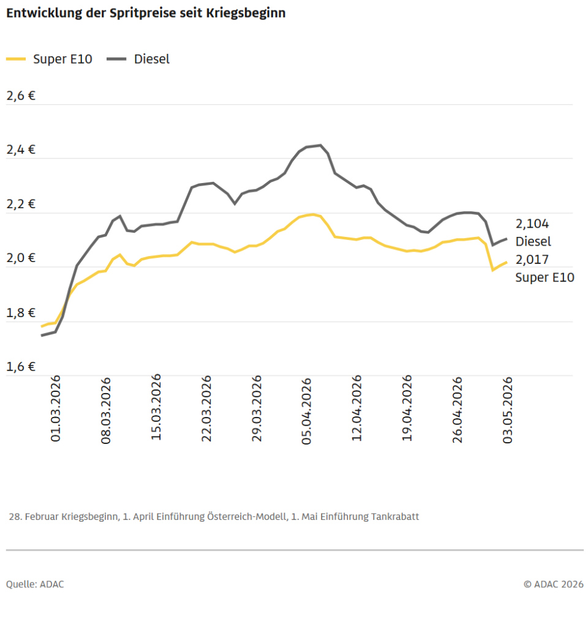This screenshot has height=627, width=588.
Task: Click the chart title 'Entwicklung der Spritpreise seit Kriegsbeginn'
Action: (x=146, y=13)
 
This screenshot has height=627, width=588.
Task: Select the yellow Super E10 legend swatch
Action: (x=16, y=59)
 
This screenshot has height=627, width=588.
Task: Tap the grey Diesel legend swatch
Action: (x=116, y=59)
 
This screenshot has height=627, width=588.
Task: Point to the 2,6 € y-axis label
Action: (x=21, y=96)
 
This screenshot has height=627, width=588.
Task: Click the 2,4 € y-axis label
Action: (x=21, y=150)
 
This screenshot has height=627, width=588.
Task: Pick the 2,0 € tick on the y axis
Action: (x=21, y=258)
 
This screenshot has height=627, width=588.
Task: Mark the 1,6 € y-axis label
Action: (x=21, y=367)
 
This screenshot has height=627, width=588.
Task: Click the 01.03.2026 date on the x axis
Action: (x=56, y=408)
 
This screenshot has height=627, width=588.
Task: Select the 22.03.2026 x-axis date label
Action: (x=206, y=408)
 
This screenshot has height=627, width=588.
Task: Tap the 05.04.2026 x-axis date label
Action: (x=307, y=411)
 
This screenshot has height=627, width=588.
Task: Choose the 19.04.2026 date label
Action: (x=407, y=408)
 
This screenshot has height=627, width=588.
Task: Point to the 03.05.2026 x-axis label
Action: (x=508, y=410)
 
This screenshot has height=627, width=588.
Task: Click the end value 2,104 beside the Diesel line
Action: (x=532, y=224)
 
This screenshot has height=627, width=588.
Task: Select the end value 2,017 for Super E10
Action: (x=532, y=260)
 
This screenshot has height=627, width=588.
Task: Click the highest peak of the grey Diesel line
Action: (x=320, y=145)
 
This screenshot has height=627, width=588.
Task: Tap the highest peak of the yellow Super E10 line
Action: (x=313, y=215)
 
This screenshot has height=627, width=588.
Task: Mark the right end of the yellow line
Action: (x=507, y=262)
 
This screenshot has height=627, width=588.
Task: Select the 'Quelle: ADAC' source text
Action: (x=35, y=585)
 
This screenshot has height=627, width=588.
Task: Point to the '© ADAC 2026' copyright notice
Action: (x=554, y=585)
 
